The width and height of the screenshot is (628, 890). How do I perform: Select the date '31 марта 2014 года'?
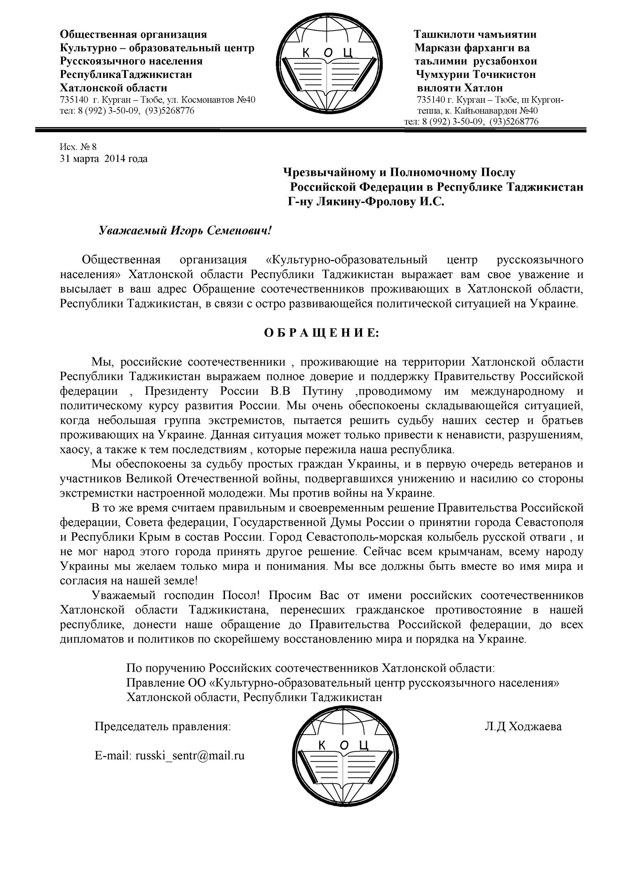(x=103, y=159)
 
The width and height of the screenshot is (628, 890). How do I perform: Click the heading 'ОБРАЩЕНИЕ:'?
(x=321, y=333)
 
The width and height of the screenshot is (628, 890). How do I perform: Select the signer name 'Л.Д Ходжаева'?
(x=523, y=726)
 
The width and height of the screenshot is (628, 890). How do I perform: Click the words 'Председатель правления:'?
(x=162, y=726)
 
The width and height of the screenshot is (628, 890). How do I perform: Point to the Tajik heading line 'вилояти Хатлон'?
(x=460, y=88)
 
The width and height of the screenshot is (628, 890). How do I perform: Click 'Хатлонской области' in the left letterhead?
(x=114, y=88)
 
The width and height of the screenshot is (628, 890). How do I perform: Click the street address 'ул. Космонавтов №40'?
(x=218, y=100)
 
